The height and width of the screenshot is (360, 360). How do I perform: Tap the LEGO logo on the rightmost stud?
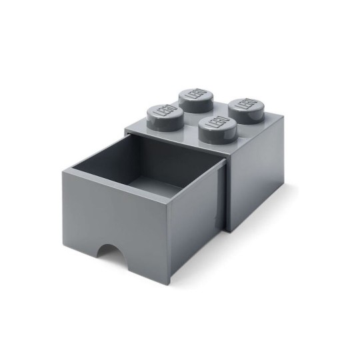(247, 103)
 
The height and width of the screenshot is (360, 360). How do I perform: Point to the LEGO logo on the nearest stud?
(215, 122)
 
